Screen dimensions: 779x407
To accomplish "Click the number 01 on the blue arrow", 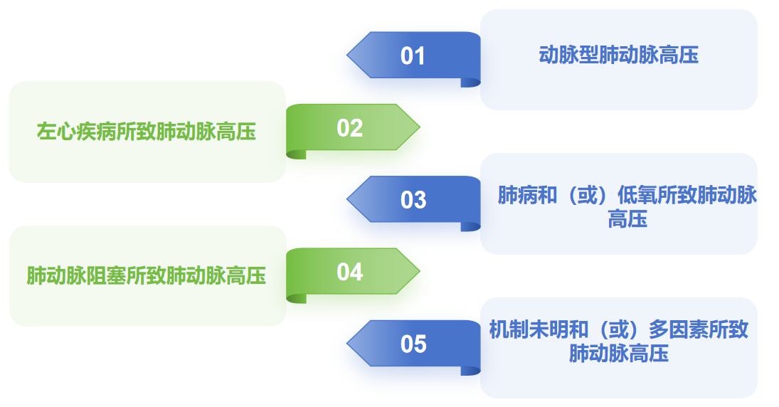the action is point(413,55).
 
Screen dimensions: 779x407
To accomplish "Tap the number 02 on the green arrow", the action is point(350,128).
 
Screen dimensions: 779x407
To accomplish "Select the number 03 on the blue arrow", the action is point(413,200).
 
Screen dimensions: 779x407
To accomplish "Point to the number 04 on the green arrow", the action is point(350,272).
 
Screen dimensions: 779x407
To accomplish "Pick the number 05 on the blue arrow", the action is point(413,344).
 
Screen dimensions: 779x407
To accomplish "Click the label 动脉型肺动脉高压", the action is point(618,55).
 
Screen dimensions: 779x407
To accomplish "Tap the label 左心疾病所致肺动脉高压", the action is point(147,132).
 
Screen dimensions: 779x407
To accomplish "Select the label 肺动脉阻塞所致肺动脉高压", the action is point(147,276).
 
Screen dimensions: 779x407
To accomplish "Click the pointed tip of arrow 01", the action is point(347,55).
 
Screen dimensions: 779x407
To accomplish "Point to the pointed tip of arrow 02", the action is point(420,127).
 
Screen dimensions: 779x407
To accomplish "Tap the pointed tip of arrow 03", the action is point(347,199).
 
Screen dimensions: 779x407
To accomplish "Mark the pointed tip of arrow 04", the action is point(420,271).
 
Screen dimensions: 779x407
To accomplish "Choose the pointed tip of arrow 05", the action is point(347,344).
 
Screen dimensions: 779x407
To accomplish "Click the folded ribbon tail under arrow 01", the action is point(470,83).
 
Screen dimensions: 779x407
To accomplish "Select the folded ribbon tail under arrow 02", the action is point(296,154).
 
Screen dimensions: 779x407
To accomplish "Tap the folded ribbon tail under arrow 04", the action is point(296,299).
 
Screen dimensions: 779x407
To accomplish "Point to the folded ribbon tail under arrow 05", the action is point(470,371).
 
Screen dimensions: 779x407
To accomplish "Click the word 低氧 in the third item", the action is point(637,195).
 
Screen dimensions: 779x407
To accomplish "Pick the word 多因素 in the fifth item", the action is point(678,329).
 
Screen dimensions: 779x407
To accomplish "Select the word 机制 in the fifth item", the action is point(509,329).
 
